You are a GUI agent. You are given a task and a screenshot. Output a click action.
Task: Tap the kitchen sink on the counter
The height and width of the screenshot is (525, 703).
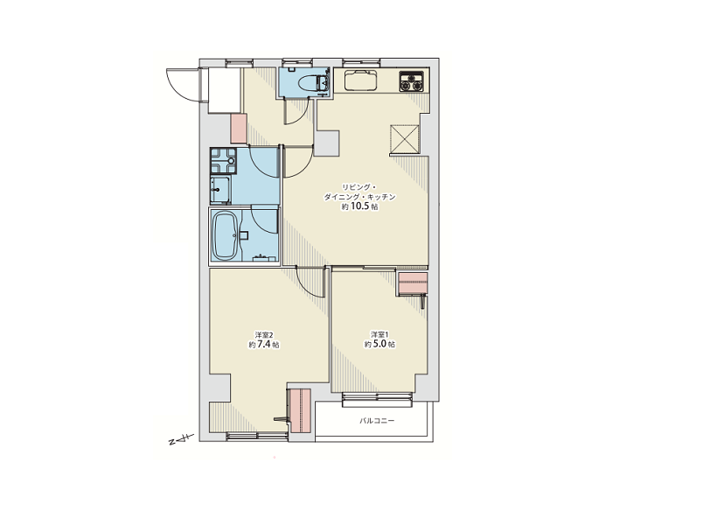point(361,80)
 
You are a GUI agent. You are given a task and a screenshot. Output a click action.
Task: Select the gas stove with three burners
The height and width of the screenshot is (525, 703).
point(411,81)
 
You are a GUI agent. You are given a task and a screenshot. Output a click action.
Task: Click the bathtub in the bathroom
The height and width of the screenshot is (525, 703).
point(226,235)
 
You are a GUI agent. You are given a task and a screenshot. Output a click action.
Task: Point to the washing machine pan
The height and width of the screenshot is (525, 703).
point(223,161)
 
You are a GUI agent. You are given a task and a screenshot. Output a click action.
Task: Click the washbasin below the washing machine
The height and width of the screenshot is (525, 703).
point(220,190)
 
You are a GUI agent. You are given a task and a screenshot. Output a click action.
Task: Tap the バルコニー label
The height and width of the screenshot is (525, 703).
point(377,421)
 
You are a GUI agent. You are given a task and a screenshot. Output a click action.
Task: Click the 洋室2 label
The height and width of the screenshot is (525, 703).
point(264,335)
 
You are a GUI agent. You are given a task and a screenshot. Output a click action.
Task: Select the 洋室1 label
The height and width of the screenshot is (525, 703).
point(379,334)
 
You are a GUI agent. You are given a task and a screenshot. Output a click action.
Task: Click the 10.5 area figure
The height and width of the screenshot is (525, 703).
point(360,206)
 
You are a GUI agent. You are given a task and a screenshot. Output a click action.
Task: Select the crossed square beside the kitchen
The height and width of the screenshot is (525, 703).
point(405,138)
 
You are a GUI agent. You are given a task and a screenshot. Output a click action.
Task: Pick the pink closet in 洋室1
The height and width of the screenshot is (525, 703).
point(413,283)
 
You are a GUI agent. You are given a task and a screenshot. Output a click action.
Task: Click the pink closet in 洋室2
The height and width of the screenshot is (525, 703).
point(301,410)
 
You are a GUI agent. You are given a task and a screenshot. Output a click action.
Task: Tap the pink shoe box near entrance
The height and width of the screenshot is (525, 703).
point(239,129)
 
